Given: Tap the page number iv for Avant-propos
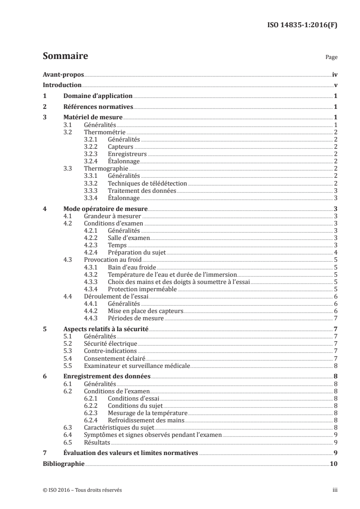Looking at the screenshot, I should tap(334, 74).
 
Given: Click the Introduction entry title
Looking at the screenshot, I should tap(62, 85).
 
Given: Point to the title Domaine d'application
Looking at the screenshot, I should tap(98, 96).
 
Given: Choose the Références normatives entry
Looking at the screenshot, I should tap(98, 107).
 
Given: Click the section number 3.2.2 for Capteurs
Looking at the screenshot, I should tap(92, 147).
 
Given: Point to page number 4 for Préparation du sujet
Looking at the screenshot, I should tap(335, 252).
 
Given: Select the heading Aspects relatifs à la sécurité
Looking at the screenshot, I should tap(105, 328).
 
